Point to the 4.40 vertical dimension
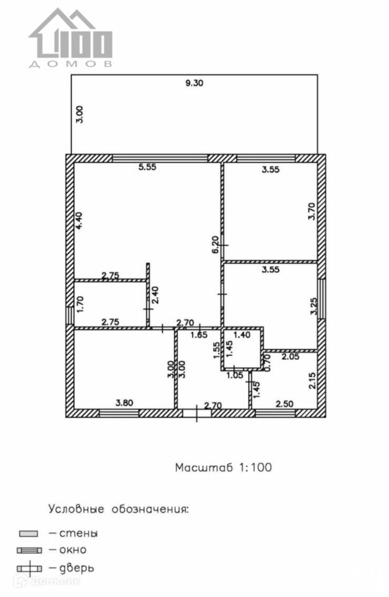79,221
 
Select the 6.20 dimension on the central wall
214,244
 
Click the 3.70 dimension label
312,213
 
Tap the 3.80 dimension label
124,402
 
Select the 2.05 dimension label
291,356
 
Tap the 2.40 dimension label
155,294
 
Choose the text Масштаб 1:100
223,467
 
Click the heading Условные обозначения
119,509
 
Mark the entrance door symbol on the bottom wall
196,412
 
